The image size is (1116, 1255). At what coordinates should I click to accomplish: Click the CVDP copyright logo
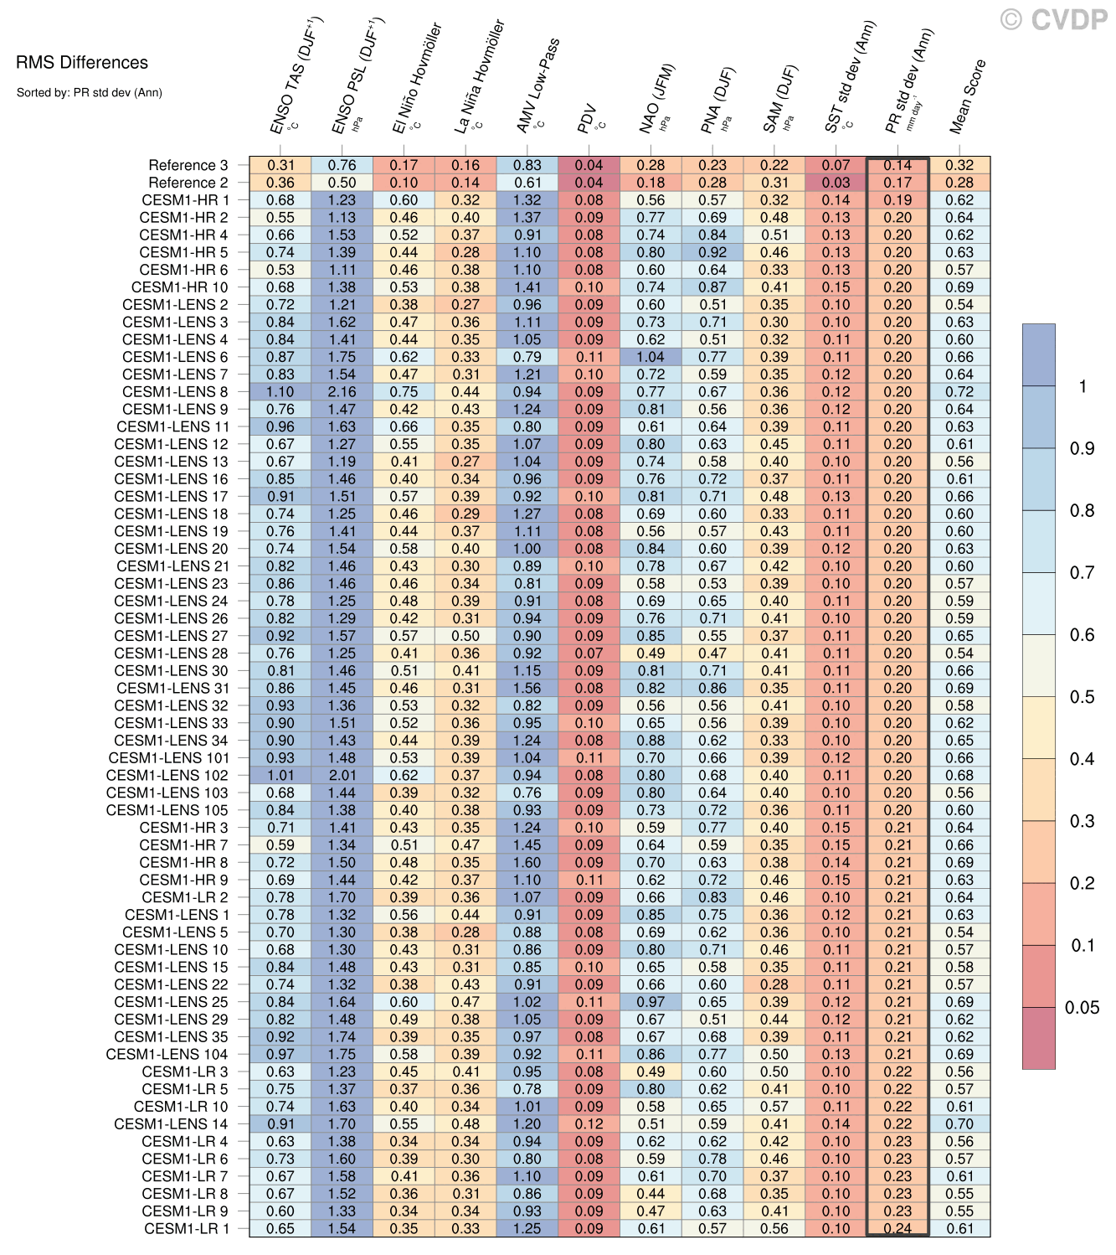[x=1054, y=20]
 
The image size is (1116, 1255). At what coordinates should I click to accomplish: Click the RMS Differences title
[x=82, y=63]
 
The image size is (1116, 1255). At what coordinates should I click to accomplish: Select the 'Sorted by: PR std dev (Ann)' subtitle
[x=89, y=93]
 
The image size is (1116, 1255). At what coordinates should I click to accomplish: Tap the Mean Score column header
[x=968, y=96]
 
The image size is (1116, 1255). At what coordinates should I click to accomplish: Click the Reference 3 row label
[x=188, y=165]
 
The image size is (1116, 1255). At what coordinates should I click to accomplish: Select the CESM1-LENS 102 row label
[x=167, y=775]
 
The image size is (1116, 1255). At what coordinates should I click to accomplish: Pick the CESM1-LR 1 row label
[x=186, y=1228]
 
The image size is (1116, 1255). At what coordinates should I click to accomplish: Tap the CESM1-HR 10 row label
[x=179, y=287]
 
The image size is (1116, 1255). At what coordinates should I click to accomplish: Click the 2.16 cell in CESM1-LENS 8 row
[x=342, y=391]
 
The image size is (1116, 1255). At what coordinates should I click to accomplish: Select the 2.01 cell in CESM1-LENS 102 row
[x=342, y=775]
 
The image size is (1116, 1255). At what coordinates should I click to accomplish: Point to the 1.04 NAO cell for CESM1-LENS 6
[x=651, y=357]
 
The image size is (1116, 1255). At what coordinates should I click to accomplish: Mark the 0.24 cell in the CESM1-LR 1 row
[x=897, y=1228]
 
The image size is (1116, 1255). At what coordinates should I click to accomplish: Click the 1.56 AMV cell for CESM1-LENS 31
[x=527, y=688]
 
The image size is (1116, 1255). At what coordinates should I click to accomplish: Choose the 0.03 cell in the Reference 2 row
[x=836, y=183]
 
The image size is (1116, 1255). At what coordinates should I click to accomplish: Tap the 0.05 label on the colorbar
[x=1082, y=1008]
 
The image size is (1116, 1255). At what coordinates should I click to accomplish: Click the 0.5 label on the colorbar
[x=1082, y=697]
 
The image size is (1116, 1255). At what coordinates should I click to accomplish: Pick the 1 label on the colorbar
[x=1083, y=386]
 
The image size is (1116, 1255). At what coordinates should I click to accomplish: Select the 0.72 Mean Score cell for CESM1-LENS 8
[x=959, y=391]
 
